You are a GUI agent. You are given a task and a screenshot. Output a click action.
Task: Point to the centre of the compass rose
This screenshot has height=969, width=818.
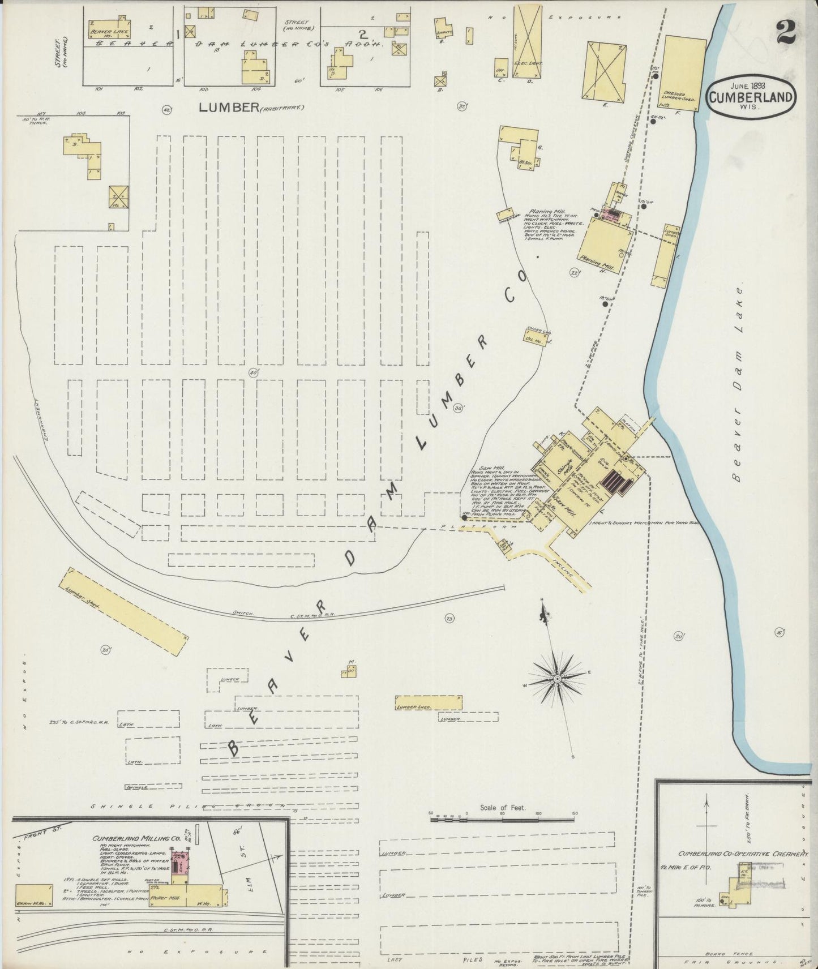tap(558, 678)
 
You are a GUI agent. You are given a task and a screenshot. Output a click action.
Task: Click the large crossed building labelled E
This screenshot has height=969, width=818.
tap(605, 72)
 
